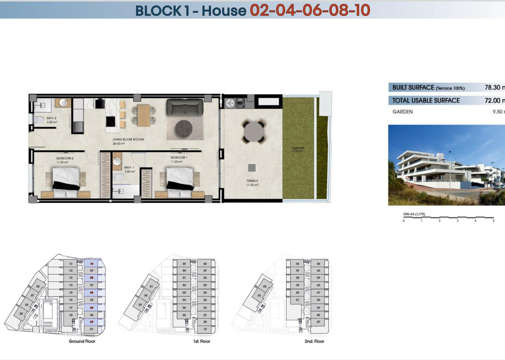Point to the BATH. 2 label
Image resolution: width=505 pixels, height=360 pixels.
pos(52,120)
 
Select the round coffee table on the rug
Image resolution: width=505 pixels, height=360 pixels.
pos(184,128)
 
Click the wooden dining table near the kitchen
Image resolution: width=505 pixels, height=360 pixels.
pos(143,115)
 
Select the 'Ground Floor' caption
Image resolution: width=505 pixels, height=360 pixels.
pos(82,341)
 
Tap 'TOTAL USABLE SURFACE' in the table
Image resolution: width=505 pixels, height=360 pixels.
pos(426,101)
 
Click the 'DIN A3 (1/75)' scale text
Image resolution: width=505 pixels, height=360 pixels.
pos(414,214)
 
